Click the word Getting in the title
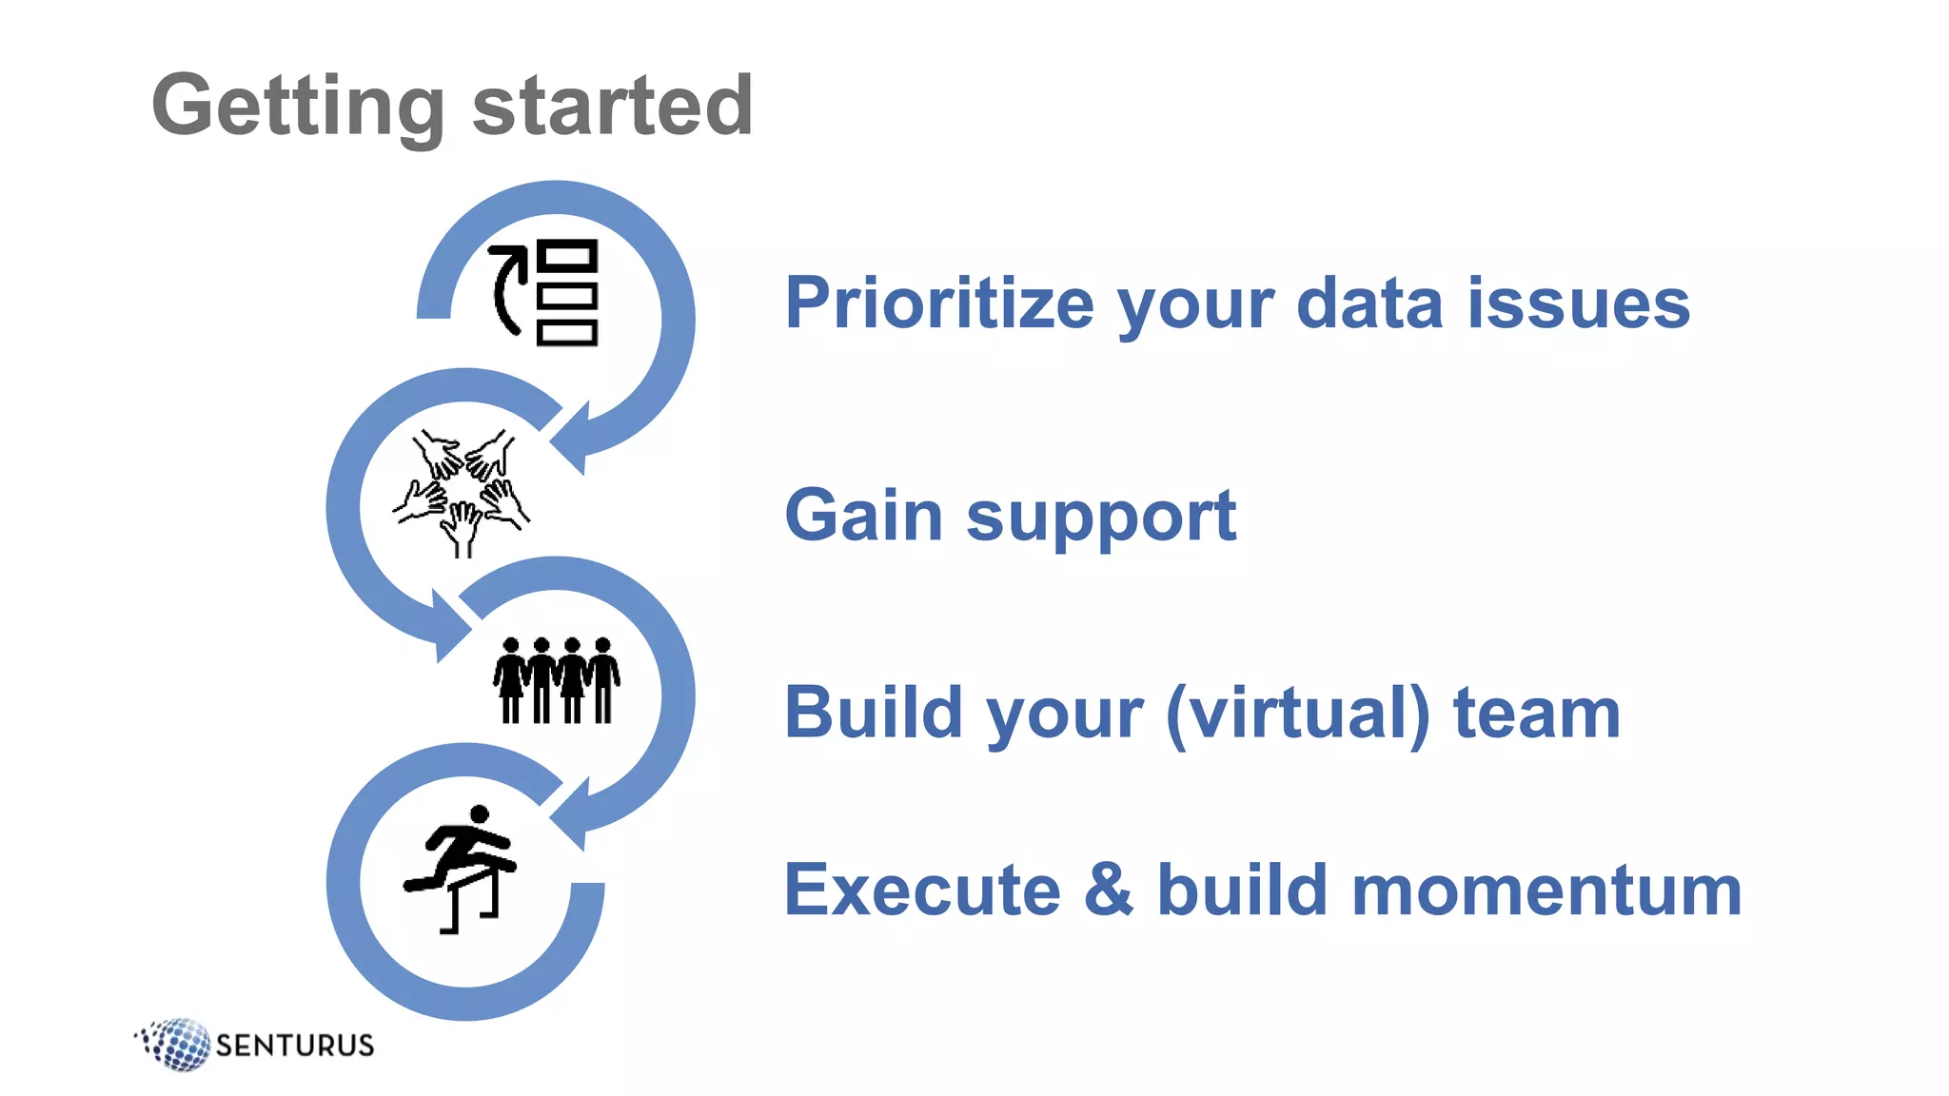(x=298, y=106)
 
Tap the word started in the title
(x=613, y=106)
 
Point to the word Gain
(x=864, y=515)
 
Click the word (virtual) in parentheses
(x=1298, y=714)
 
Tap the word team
(x=1537, y=713)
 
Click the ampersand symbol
(x=1109, y=890)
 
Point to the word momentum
(x=1545, y=890)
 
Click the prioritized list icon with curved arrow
(x=543, y=292)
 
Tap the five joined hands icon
(x=462, y=493)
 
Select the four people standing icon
(x=557, y=680)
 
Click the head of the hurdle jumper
(x=480, y=814)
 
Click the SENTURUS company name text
(x=295, y=1046)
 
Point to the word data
(x=1369, y=303)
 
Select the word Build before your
(x=874, y=713)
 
